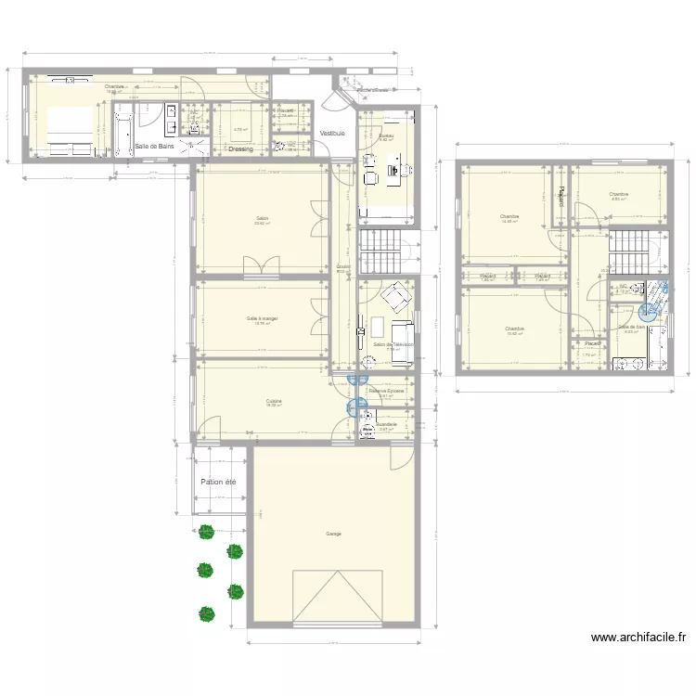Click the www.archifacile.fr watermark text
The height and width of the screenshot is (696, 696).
639,638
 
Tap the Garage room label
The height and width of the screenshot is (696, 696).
333,534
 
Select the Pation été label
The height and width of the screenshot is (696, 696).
218,483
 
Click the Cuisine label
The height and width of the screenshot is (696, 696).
273,402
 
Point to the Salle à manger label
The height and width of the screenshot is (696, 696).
263,318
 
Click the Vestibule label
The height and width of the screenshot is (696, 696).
332,134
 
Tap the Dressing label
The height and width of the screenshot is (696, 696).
240,148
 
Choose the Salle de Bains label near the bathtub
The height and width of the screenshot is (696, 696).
155,147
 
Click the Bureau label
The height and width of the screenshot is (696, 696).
387,136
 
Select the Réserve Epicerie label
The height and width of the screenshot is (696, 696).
386,391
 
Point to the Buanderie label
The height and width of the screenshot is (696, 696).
386,424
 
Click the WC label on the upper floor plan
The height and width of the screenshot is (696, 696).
624,287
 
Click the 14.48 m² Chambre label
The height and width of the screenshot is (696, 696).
509,216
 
